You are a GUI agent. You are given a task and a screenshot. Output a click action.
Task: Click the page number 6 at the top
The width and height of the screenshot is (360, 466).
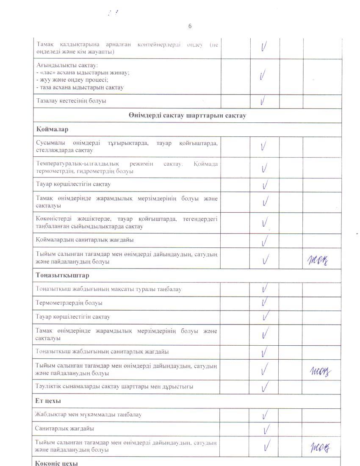(x=190, y=26)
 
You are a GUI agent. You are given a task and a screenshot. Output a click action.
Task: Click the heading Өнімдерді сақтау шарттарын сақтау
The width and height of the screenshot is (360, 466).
(x=187, y=116)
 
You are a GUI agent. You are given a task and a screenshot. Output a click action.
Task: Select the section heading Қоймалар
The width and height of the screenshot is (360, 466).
(x=52, y=129)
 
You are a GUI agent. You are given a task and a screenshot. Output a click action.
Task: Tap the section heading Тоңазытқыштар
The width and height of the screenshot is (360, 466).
(x=62, y=275)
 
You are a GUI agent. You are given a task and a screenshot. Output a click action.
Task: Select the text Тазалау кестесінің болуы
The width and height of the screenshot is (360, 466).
(x=71, y=101)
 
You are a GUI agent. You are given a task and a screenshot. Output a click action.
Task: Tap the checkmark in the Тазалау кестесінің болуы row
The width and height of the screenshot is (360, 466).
(x=264, y=100)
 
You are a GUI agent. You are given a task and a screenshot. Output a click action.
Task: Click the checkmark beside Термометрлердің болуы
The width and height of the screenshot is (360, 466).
(x=264, y=302)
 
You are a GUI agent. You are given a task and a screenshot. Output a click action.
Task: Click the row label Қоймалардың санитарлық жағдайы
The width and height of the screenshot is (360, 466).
(x=85, y=240)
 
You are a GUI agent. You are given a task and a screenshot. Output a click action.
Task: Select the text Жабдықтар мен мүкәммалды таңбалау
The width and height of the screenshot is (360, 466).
(x=88, y=414)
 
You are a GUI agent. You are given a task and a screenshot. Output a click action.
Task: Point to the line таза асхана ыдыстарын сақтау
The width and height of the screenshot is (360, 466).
(x=80, y=88)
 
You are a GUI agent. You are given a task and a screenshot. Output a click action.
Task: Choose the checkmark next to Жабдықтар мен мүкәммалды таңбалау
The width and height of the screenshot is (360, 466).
(x=265, y=414)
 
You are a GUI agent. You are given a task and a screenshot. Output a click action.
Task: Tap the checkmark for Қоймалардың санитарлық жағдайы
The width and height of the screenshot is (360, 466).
(x=265, y=240)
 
